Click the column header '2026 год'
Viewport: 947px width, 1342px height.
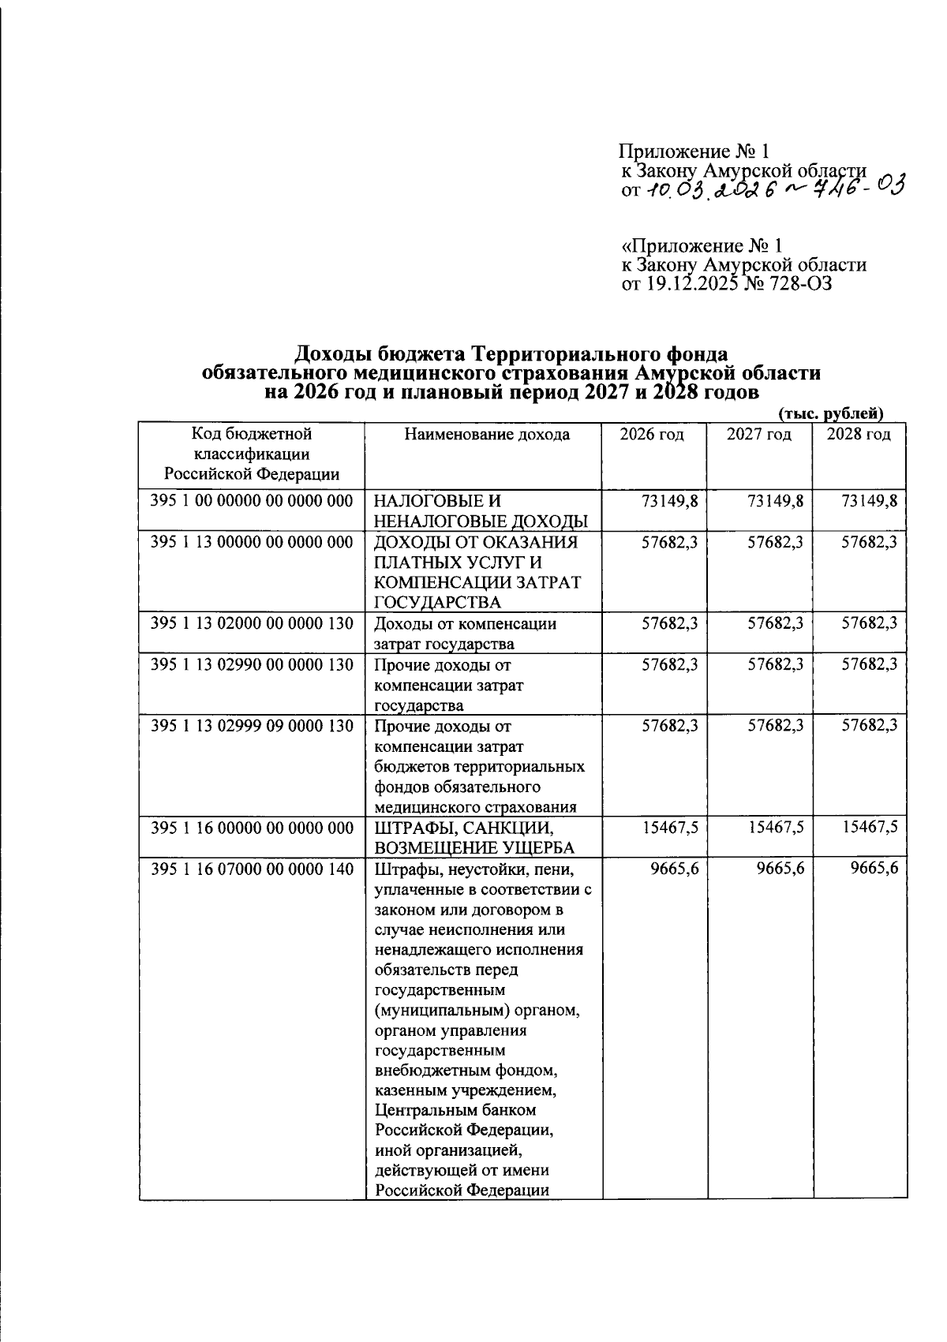[x=651, y=435]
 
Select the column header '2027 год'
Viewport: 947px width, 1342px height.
[x=758, y=435]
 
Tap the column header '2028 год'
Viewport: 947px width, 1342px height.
[x=859, y=435]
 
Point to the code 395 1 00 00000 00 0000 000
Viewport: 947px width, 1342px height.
[x=252, y=500]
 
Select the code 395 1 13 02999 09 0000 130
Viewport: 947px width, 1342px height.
[x=252, y=725]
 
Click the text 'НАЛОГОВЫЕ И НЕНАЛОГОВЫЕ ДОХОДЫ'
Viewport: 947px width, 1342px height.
[x=481, y=510]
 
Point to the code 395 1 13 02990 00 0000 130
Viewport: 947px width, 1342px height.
[x=252, y=665]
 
